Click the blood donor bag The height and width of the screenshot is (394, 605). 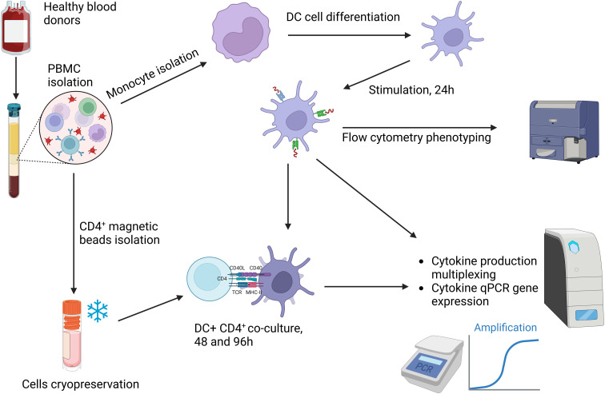15,29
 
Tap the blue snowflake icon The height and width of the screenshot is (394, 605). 98,310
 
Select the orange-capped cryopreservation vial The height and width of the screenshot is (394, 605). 72,335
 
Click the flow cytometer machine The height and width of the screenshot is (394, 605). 563,131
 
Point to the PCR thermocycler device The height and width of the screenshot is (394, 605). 432,362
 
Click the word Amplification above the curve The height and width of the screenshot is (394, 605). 505,328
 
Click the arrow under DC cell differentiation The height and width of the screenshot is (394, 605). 349,35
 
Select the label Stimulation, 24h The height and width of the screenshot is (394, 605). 411,90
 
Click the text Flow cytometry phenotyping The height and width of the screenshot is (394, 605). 416,137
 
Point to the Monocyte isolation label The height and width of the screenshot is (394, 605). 152,74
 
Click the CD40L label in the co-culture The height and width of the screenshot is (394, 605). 237,268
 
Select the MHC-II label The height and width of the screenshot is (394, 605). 254,293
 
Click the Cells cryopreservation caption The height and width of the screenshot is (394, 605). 80,384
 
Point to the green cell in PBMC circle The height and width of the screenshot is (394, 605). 87,107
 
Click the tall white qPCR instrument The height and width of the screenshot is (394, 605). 574,278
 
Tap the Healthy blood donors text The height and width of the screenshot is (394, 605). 80,13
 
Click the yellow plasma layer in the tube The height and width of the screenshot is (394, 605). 14,139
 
